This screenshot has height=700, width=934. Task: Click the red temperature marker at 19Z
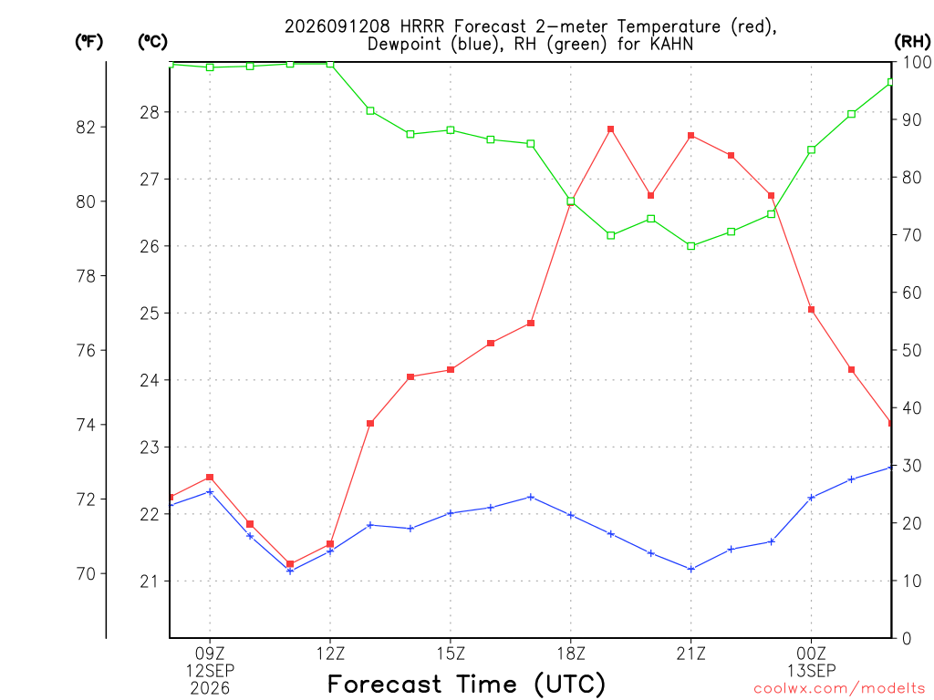point(610,129)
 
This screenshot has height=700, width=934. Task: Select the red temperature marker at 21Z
point(691,136)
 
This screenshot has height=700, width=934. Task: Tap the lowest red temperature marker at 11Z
point(290,563)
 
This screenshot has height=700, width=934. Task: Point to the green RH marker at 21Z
point(691,246)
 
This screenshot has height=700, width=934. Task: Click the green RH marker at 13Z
point(370,110)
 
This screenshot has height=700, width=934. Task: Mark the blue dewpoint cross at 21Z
point(691,569)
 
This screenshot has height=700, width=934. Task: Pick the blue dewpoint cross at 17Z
point(531,497)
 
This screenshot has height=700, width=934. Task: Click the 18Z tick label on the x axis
point(571,654)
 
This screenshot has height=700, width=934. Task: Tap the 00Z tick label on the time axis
point(811,654)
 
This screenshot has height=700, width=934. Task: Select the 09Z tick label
point(210,654)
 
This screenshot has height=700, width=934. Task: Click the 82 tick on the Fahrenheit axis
point(86,127)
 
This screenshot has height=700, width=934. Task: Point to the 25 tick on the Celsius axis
point(150,314)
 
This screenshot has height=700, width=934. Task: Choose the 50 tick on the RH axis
point(911,350)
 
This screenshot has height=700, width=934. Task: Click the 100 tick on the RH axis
point(917,62)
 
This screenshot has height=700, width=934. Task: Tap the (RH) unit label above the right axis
point(912,41)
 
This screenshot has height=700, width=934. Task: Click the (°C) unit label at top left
point(152,41)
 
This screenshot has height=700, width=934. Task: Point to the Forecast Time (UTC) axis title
point(466,684)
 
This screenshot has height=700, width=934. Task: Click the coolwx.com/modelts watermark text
point(839,689)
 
